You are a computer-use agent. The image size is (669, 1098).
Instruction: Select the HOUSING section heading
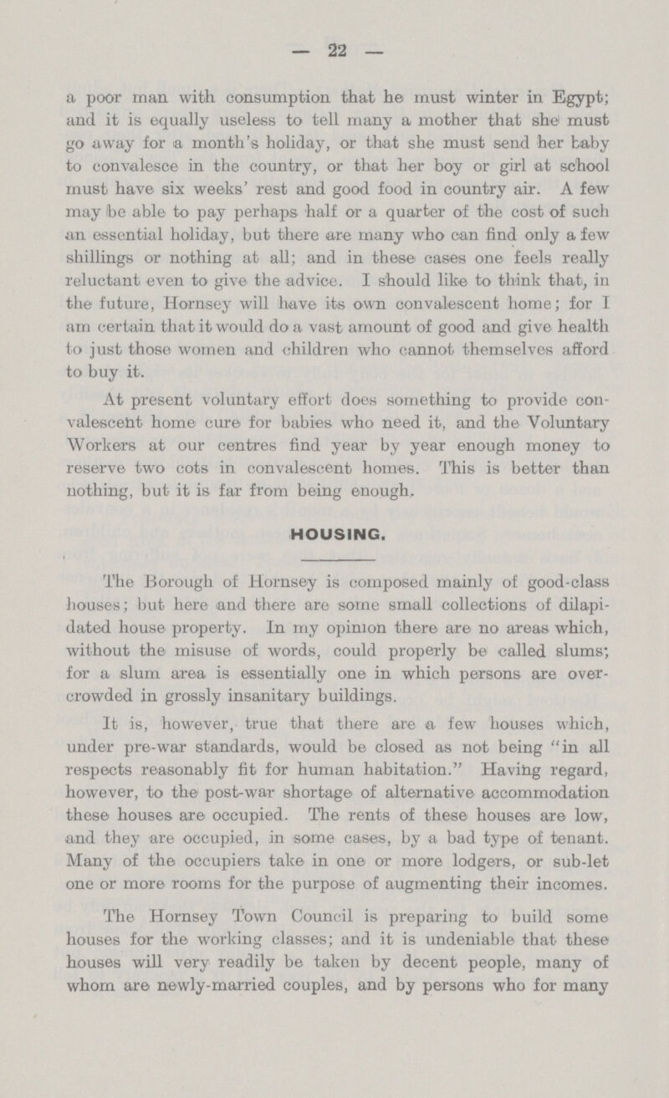[334, 530]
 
